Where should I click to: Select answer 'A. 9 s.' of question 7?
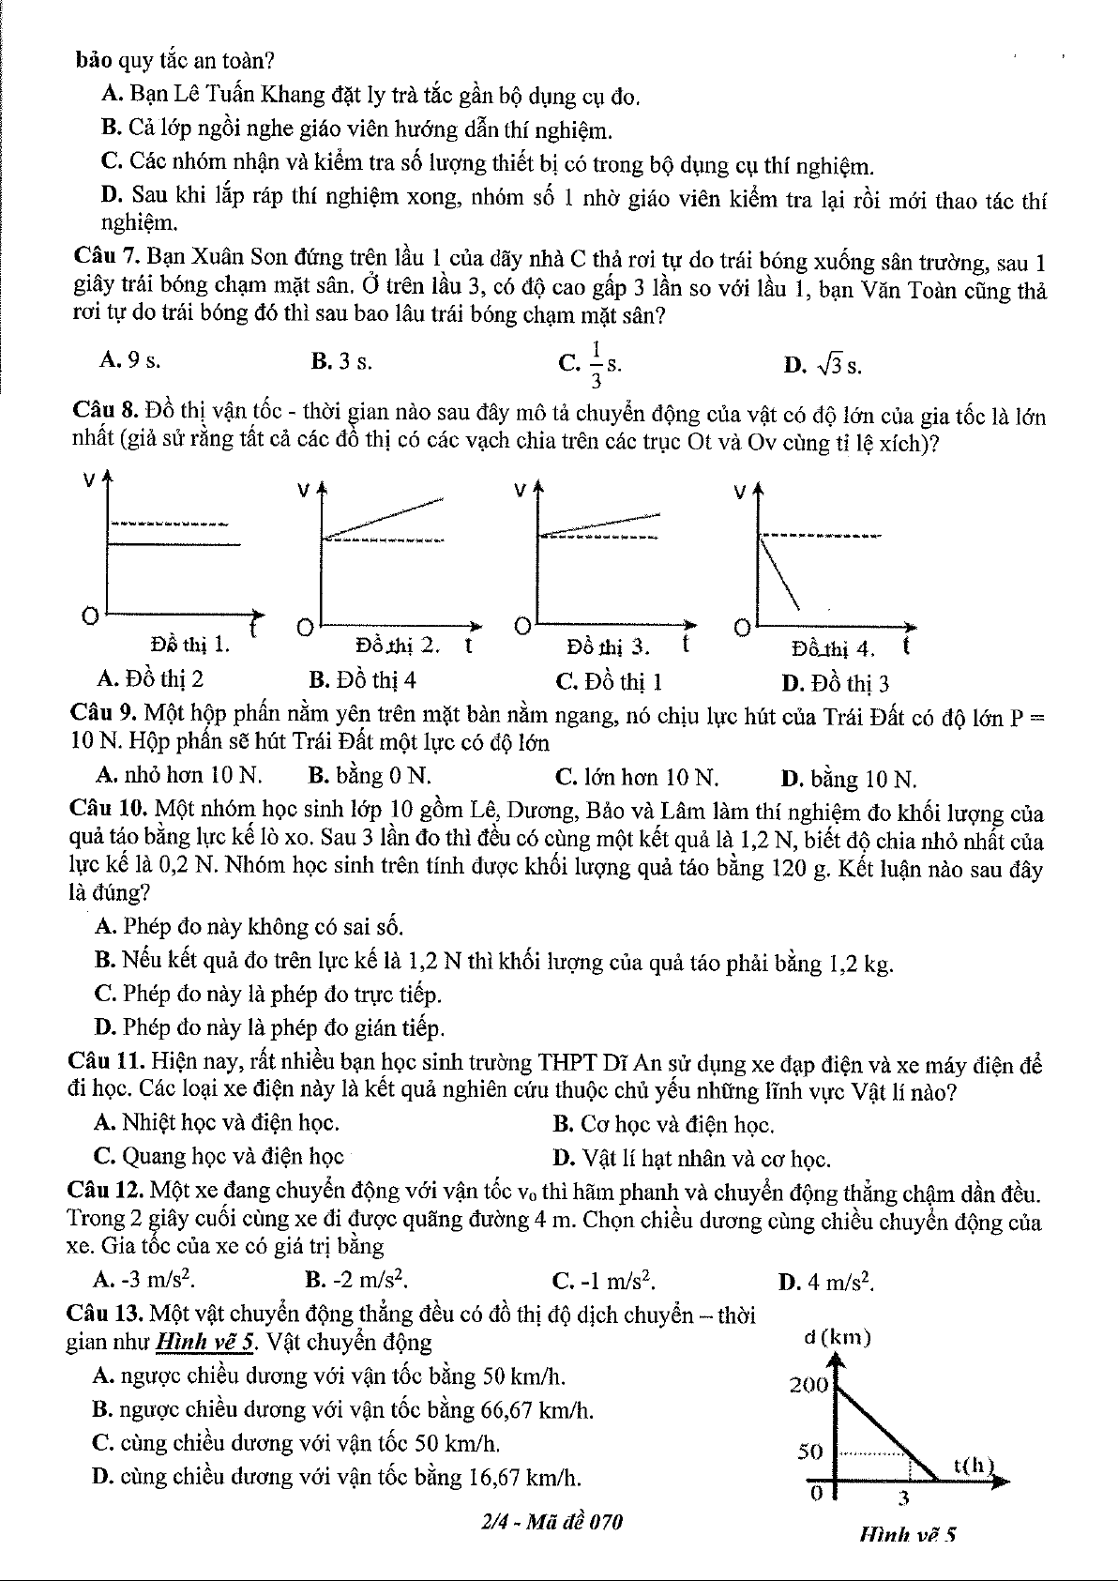click(x=122, y=360)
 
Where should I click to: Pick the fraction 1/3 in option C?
click(x=597, y=363)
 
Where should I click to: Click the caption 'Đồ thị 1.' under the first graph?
click(x=190, y=645)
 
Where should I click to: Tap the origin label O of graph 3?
click(x=521, y=625)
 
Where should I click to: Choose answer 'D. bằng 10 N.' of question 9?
click(x=849, y=778)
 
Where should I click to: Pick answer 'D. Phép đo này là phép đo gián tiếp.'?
click(x=270, y=1027)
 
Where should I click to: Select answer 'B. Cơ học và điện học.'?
click(x=663, y=1123)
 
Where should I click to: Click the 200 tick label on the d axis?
click(x=808, y=1384)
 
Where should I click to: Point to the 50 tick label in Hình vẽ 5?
click(x=810, y=1452)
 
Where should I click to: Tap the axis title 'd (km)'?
click(x=838, y=1338)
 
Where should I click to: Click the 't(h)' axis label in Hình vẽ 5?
click(x=973, y=1464)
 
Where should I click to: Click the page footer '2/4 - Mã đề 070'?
click(x=550, y=1522)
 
